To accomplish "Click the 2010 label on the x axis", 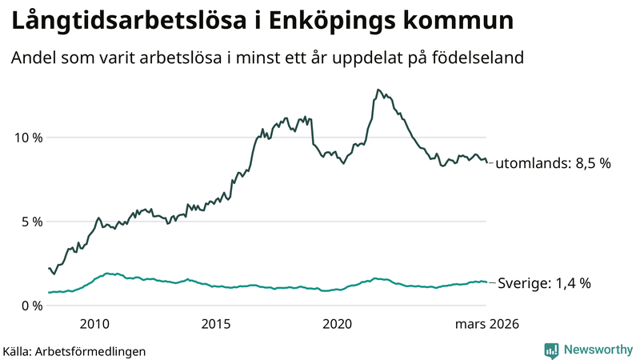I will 94,324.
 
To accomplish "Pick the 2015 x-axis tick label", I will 216,324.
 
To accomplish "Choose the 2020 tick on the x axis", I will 337,324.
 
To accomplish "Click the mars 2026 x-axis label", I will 487,324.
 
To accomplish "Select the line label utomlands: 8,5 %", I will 553,163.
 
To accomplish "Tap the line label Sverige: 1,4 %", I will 544,282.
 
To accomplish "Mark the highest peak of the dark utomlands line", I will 378,90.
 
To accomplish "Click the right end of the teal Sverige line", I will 486,282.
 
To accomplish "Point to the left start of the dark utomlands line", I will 49,268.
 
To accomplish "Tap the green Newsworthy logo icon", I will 552,350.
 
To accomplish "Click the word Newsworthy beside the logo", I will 598,350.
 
